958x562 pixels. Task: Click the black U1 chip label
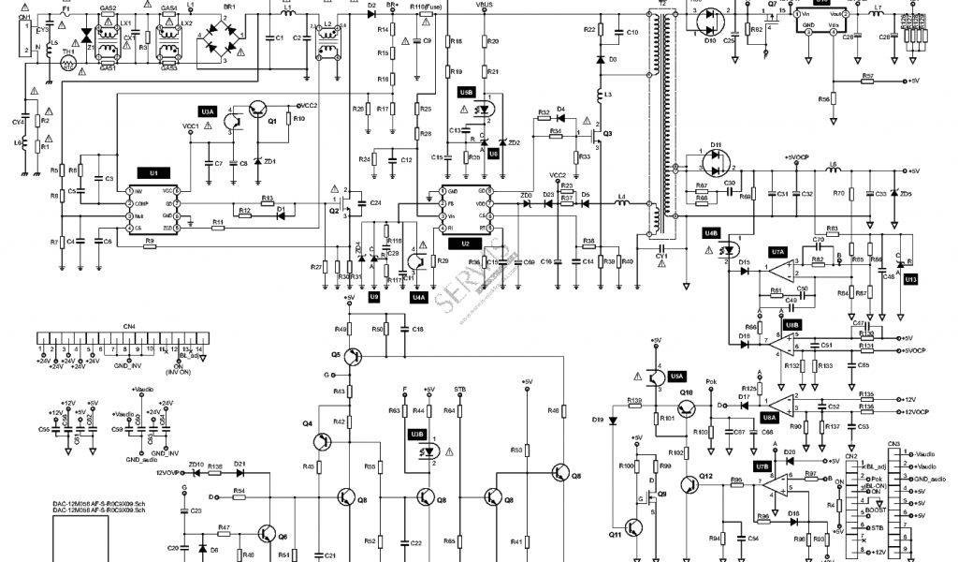(153, 173)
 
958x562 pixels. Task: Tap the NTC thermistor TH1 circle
(67, 65)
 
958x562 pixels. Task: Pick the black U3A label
(208, 111)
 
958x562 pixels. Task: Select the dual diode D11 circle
(717, 161)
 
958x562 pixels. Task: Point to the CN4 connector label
(129, 327)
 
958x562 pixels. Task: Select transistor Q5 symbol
(351, 356)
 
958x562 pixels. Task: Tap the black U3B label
(415, 434)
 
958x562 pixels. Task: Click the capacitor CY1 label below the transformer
(661, 254)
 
